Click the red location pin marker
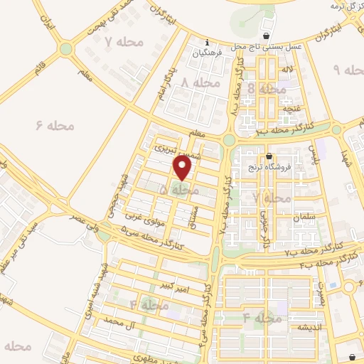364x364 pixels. coord(183,168)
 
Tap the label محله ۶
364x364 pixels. coord(55,125)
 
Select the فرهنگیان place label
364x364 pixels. coord(208,53)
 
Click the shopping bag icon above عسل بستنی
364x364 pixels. coord(266,36)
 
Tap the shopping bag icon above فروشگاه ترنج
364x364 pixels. coord(269,156)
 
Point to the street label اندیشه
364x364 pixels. coord(311,327)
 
